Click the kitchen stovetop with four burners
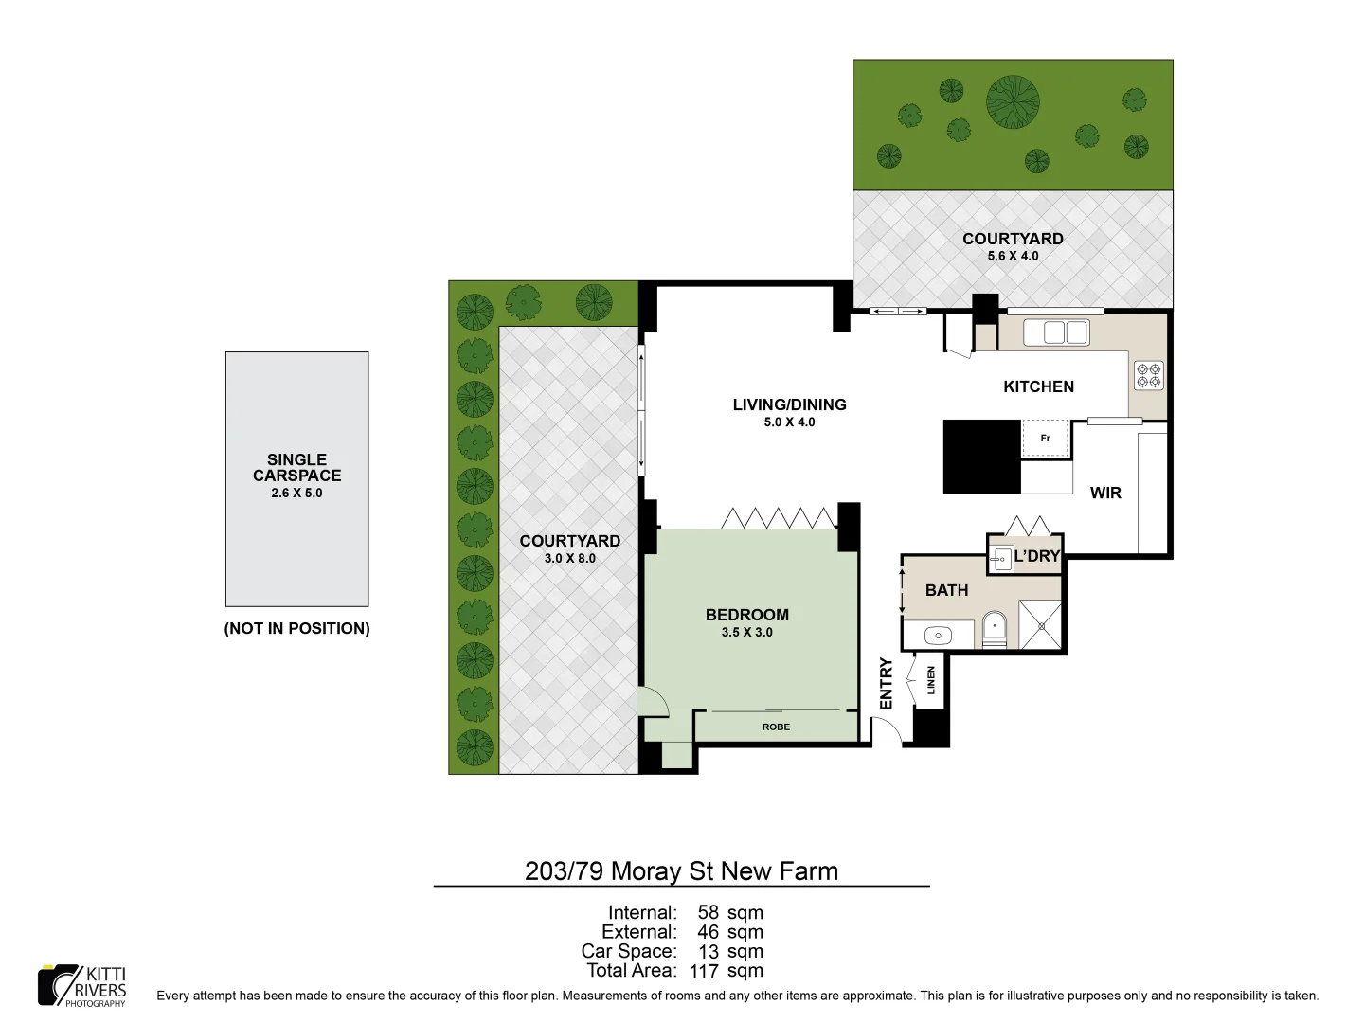point(1148,375)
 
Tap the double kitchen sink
point(1066,332)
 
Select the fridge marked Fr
point(1046,439)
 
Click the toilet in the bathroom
point(994,628)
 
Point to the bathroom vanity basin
point(938,636)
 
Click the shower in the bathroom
point(1040,625)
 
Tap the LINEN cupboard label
point(931,680)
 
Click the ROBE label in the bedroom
point(776,727)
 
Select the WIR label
point(1105,493)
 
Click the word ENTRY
point(887,683)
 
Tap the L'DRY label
point(1036,556)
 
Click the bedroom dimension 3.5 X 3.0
point(746,633)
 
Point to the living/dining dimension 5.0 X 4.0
point(789,422)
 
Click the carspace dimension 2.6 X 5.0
point(296,494)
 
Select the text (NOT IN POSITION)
point(296,629)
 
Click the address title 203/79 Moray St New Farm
point(681,871)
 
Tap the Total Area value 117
point(704,971)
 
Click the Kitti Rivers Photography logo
point(82,986)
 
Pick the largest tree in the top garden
point(1013,101)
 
